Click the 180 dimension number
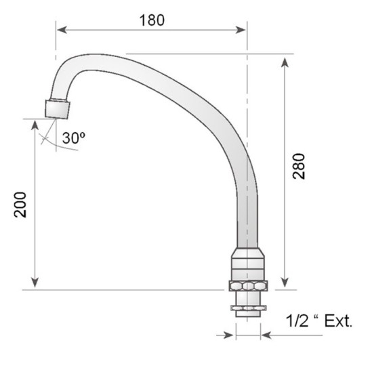152,20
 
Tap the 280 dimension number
298,166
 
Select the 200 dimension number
20,205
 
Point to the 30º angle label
74,138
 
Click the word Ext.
338,321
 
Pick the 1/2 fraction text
297,321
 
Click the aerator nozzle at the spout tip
58,108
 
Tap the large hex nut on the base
248,286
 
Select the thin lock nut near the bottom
249,308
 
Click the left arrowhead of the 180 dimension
62,30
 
